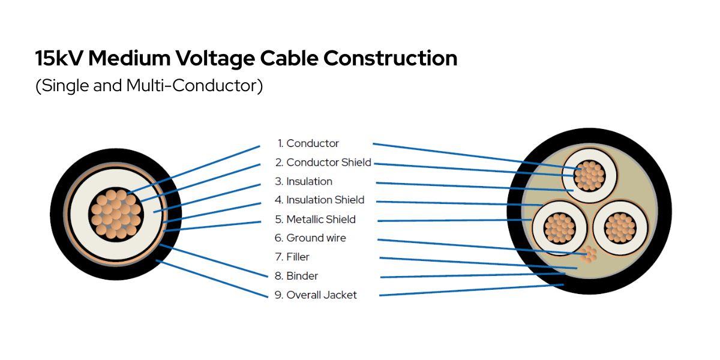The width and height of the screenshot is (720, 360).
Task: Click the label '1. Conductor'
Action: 308,143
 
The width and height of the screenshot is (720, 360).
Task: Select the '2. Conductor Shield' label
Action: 323,163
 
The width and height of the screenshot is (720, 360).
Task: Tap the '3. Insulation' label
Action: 304,181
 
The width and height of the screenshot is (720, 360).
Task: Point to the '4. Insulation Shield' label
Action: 319,200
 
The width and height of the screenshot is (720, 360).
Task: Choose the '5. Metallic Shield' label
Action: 315,219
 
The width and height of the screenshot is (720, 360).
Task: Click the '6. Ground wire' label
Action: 310,238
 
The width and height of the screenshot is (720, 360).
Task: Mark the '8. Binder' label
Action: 296,276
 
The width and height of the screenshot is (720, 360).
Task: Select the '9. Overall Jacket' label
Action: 316,295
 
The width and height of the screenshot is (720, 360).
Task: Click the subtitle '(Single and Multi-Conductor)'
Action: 149,86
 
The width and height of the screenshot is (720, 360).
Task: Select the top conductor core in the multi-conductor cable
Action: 589,175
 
